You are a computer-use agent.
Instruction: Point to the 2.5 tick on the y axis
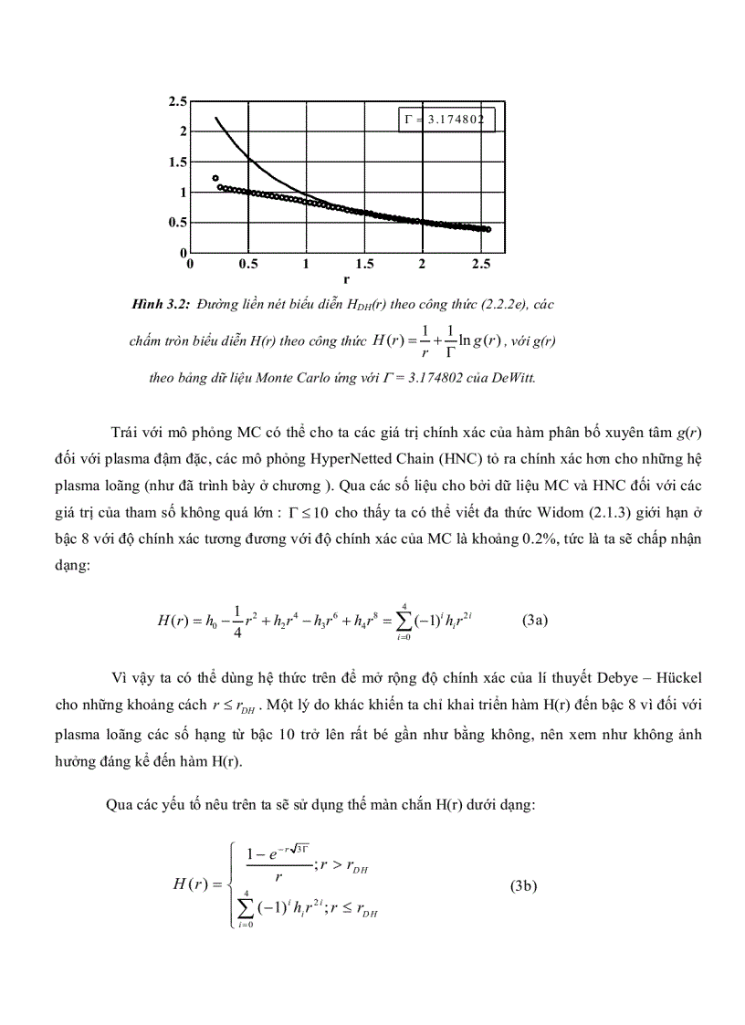coord(177,101)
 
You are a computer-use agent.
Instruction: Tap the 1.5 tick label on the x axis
coord(364,265)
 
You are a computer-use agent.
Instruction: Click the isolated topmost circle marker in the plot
coord(215,178)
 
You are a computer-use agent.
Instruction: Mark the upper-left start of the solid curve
coord(216,118)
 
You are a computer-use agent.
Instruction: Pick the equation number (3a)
coord(534,620)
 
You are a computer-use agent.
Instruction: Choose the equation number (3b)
coord(523,885)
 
